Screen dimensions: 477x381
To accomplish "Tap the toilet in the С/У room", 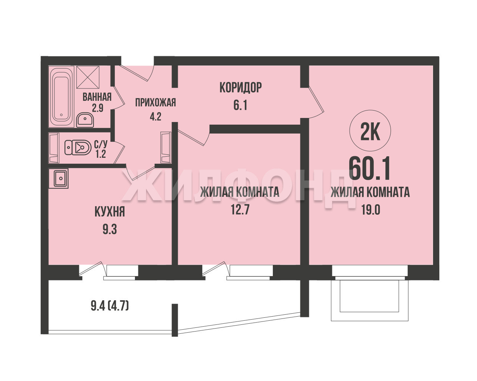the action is [x=78, y=147].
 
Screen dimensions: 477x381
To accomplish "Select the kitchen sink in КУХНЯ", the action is [x=59, y=178].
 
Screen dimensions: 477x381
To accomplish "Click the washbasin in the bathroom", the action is [x=85, y=120].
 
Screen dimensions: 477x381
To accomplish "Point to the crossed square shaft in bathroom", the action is [x=88, y=77].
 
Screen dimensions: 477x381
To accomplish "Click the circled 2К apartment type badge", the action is [x=370, y=131].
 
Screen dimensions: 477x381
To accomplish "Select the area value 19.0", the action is [x=371, y=209].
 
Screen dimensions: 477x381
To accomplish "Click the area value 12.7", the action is [x=240, y=209].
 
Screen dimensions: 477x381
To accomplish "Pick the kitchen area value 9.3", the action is [x=110, y=229].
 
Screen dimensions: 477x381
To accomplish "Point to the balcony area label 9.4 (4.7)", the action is [x=110, y=307].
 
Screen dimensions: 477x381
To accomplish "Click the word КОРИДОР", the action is [x=240, y=87].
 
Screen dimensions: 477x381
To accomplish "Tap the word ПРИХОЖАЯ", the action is [x=155, y=102].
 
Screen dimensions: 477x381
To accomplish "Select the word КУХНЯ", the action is [x=110, y=212].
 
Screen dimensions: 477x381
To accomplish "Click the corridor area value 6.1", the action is [x=240, y=105].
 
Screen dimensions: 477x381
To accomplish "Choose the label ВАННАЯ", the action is [x=97, y=97].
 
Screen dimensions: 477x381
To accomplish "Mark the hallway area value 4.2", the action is [x=155, y=116].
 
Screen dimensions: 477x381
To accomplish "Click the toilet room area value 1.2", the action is [x=100, y=154].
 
